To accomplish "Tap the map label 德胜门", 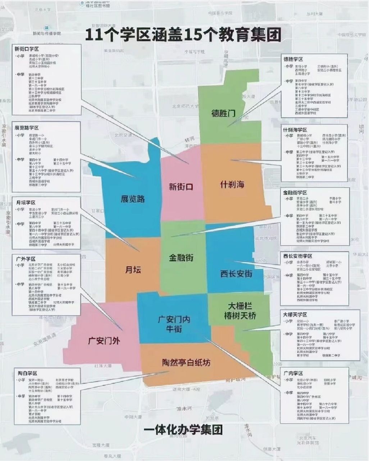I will point(223,113).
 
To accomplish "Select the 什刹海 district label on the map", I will point(232,184).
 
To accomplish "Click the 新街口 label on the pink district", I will point(181,187).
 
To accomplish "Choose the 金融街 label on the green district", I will point(181,258).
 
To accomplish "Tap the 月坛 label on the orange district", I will point(133,270).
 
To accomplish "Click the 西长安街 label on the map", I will point(236,274).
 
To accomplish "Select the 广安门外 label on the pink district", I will point(104,340).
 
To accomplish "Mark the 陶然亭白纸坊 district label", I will point(186,363).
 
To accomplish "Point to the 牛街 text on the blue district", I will point(174,329).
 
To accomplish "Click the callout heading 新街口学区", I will point(27,49).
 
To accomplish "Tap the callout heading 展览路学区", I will point(27,128).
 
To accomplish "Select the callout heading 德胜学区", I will point(293,59).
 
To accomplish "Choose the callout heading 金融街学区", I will point(295,193).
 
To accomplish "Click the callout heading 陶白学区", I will point(27,373).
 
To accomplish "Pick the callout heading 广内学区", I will point(293,373).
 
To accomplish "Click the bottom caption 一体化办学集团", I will point(183,429).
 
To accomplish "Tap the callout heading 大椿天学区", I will point(295,314).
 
